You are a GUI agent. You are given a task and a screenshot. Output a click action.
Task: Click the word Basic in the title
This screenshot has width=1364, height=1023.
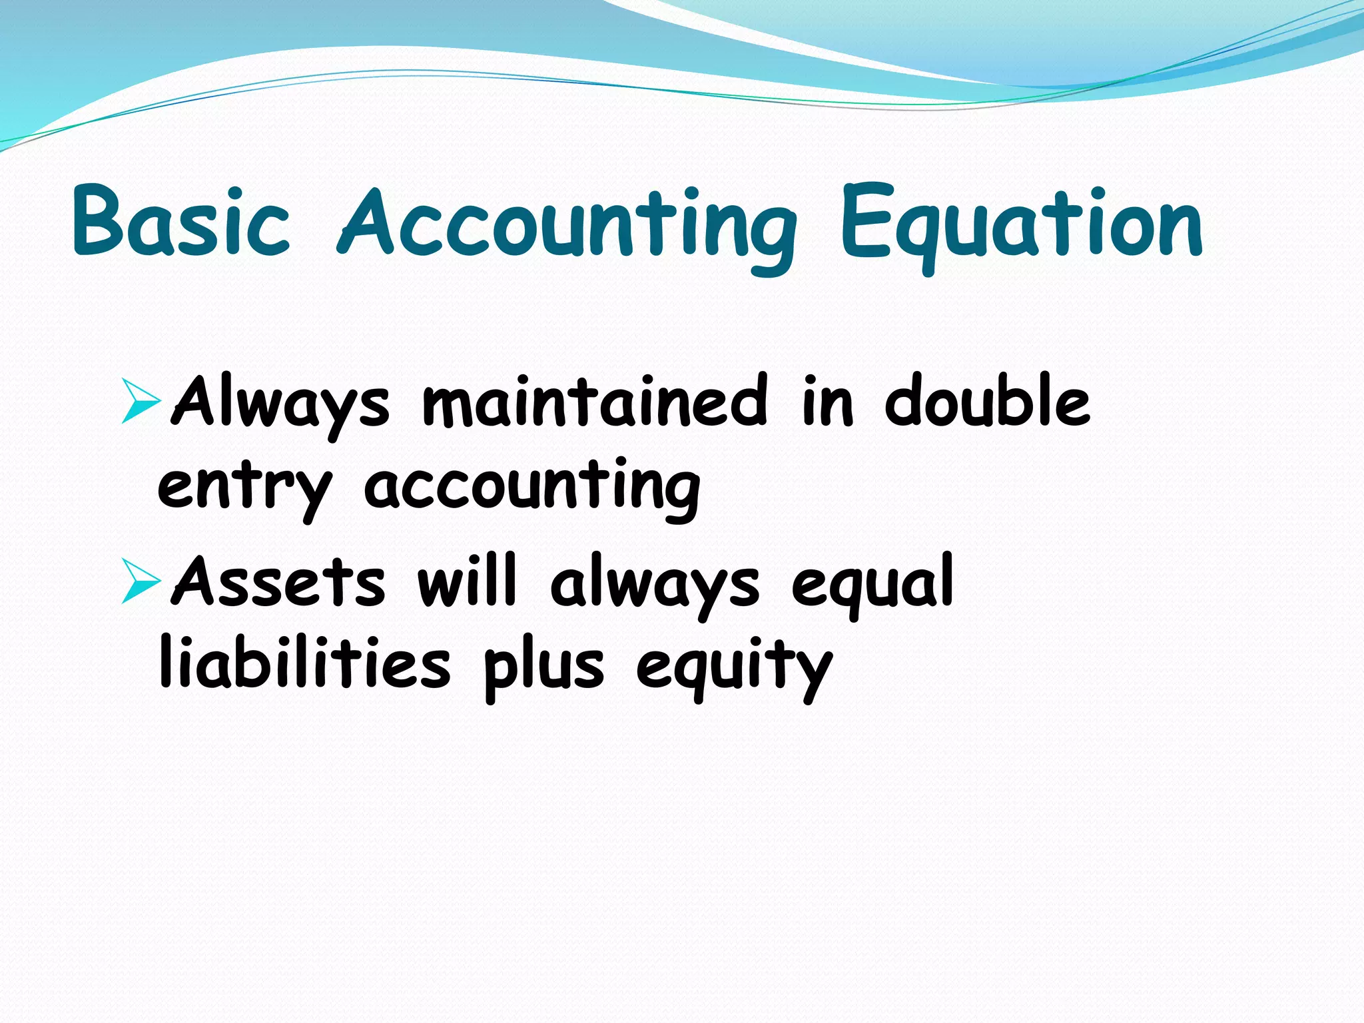coord(181,221)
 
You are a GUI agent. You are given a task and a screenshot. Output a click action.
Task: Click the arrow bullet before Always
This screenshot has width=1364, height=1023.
coord(141,401)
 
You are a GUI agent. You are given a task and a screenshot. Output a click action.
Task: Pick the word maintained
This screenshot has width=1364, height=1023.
coord(595,401)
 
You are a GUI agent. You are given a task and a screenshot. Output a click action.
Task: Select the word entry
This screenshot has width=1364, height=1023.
coord(244,488)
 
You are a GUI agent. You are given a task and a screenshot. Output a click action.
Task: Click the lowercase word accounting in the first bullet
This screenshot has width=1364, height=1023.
coord(531,488)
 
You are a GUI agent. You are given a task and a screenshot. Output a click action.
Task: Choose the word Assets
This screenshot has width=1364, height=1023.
coord(278,582)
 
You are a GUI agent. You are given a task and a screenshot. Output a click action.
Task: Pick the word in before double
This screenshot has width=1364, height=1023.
coord(827,401)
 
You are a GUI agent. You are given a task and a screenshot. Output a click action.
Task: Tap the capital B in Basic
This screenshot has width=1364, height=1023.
coord(100,221)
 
